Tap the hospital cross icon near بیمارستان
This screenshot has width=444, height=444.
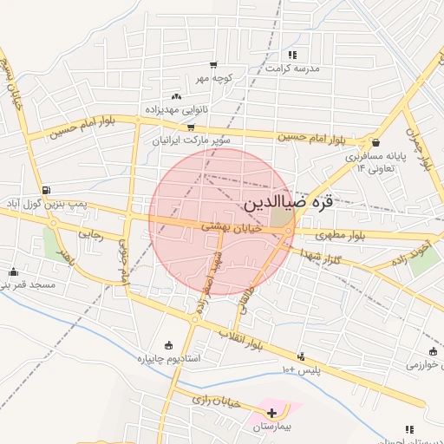(273, 412)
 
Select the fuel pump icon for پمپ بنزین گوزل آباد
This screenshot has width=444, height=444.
(45, 190)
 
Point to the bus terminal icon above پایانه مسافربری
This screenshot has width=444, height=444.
(375, 143)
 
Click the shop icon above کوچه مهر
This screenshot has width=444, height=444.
(213, 65)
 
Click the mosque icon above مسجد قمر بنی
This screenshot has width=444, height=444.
(13, 271)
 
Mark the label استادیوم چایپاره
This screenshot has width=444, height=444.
(168, 357)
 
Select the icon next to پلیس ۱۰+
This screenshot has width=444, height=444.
(301, 356)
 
